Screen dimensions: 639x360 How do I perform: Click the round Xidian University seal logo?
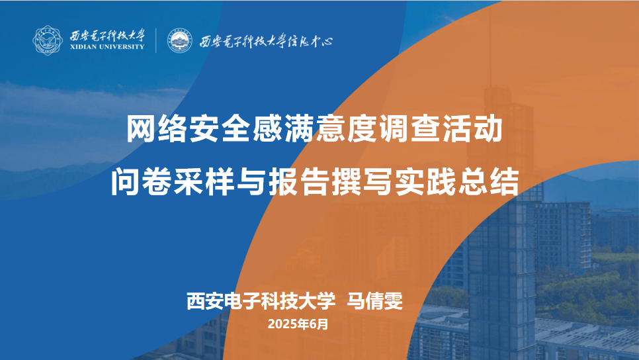click(48, 40)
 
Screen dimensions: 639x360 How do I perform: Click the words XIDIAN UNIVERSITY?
click(107, 47)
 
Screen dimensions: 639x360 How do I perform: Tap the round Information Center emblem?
click(180, 40)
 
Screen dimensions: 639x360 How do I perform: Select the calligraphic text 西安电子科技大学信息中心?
click(266, 41)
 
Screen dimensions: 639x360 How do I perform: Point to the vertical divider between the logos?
click(156, 40)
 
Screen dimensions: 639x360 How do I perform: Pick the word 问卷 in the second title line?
click(142, 181)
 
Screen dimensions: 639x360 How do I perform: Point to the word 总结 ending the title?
click(488, 181)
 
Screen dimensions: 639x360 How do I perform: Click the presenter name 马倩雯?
click(374, 301)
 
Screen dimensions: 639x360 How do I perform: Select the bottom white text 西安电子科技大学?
click(261, 301)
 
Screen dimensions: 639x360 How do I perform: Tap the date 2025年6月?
click(298, 324)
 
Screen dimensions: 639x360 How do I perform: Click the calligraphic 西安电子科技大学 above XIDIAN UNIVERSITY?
click(107, 35)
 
